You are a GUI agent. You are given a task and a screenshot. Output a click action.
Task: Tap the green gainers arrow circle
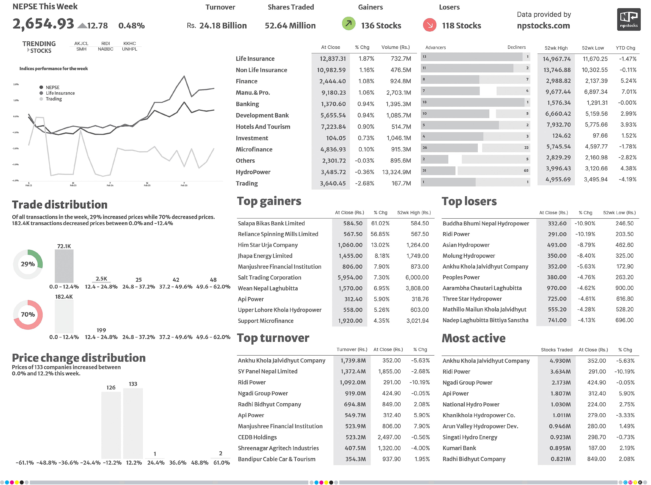point(349,24)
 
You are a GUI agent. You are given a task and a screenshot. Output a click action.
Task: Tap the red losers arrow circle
point(429,25)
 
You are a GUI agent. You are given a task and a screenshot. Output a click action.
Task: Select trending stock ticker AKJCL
point(81,43)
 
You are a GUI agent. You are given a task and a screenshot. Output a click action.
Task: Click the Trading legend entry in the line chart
point(53,99)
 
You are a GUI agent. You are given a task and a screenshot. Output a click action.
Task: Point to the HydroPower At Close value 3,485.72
point(333,172)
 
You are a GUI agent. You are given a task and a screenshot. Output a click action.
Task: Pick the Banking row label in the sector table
point(247,104)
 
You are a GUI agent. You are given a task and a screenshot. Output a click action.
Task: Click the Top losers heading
point(469,201)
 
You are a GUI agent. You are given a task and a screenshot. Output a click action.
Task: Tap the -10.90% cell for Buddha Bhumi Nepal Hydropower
point(585,223)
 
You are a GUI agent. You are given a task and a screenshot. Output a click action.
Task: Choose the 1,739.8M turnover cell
point(353,361)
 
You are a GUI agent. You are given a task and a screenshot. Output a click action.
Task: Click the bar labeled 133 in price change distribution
point(133,423)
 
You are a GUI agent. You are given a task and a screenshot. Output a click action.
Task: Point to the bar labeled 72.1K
point(64,266)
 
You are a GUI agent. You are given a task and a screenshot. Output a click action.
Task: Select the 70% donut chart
point(28,314)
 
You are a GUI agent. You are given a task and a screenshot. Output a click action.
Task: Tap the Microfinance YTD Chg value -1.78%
point(627,147)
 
